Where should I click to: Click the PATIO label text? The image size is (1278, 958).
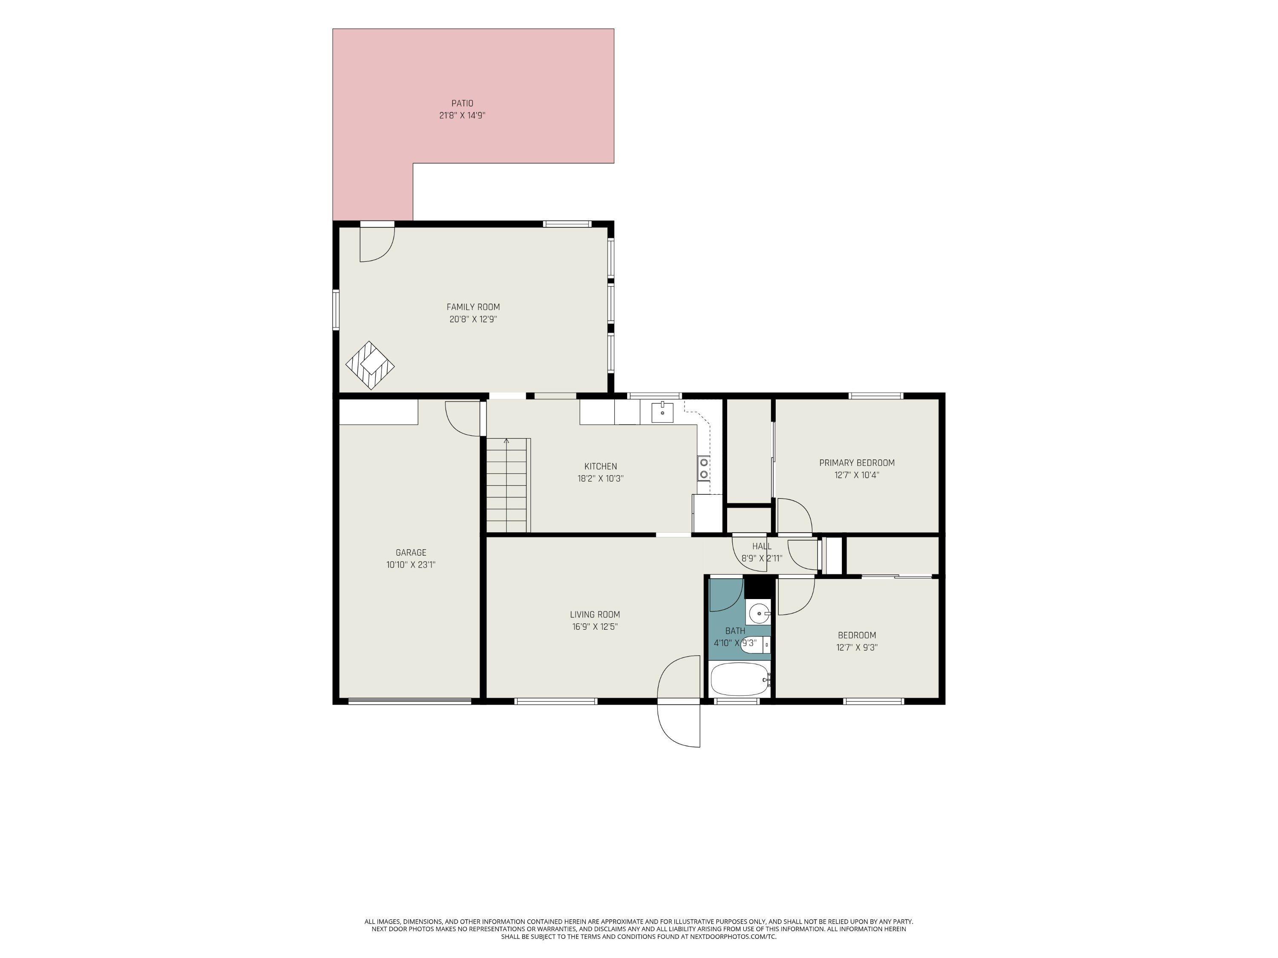[462, 103]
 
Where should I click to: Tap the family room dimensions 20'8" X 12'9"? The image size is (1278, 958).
[473, 319]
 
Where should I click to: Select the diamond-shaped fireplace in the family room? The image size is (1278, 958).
[370, 365]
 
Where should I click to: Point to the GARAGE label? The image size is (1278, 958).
[411, 553]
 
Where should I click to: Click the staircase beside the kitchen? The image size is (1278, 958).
[508, 485]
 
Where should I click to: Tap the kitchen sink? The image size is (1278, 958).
[662, 412]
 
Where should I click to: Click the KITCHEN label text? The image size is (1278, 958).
[600, 466]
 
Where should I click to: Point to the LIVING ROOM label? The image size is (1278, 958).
[595, 614]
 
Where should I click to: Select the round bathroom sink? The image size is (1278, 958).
[759, 613]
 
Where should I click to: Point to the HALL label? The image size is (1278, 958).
[762, 546]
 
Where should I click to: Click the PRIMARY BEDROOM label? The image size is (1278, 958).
[857, 462]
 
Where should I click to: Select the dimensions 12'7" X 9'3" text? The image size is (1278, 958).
[857, 647]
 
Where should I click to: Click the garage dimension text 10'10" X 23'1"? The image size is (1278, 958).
[411, 565]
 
